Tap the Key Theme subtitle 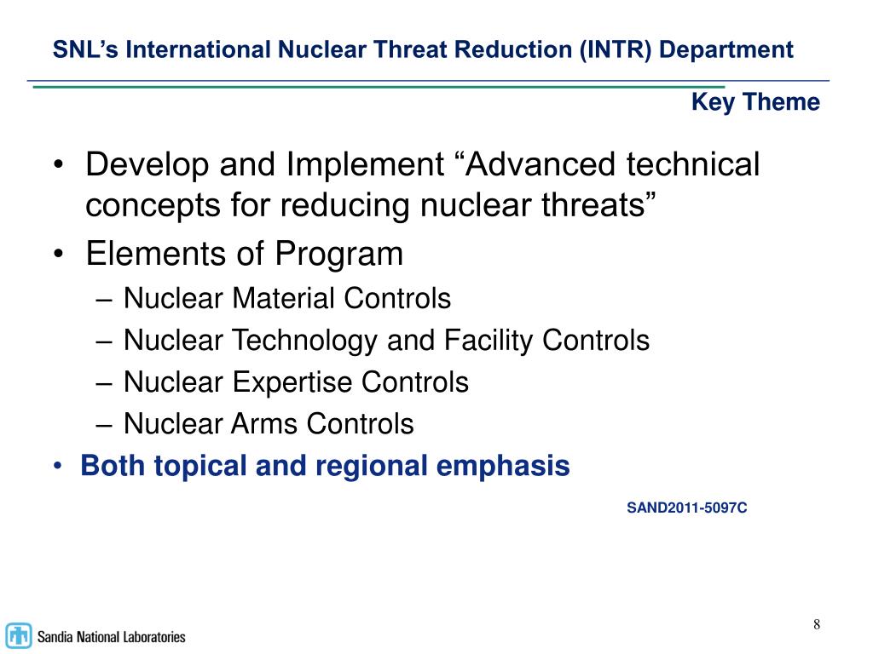(x=755, y=103)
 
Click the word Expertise (x=294, y=382)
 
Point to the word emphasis (x=511, y=466)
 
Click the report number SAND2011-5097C (x=687, y=508)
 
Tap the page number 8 (x=817, y=625)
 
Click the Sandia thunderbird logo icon (x=19, y=635)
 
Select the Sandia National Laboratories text (x=111, y=636)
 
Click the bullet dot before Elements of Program (x=58, y=255)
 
